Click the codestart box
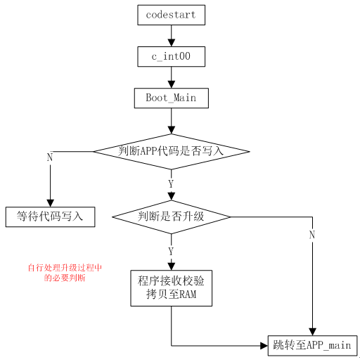coord(171,13)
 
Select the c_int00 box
coord(171,56)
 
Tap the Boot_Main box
coord(171,98)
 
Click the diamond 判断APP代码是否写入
coord(171,151)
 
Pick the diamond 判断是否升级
coord(171,216)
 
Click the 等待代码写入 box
coord(50,216)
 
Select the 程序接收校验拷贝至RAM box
coord(171,288)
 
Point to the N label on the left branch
coord(49,157)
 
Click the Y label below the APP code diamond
coord(171,183)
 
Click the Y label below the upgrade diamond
coord(171,251)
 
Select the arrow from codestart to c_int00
coord(171,35)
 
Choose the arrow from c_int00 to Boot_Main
coord(171,77)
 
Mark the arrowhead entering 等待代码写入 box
coord(50,202)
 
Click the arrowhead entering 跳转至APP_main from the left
coord(264,345)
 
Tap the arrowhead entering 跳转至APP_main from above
coord(311,330)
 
